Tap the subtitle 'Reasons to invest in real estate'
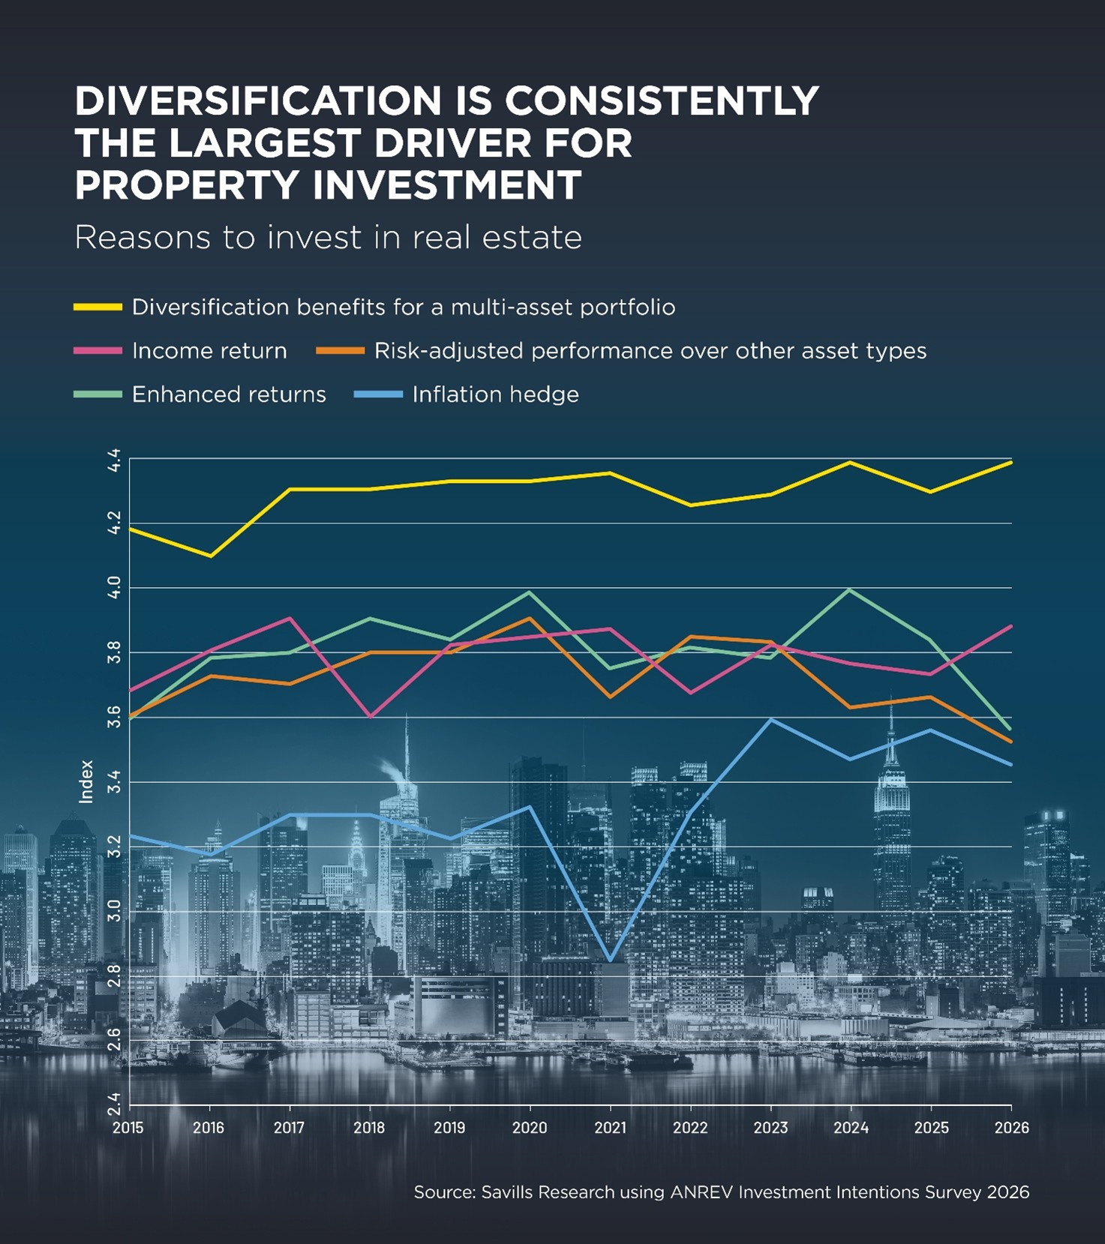(328, 238)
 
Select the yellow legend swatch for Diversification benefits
(98, 307)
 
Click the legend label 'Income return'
(209, 351)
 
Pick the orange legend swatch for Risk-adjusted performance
(340, 351)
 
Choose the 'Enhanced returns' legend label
(229, 394)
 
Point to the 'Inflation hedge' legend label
(495, 394)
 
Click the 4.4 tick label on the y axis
(114, 459)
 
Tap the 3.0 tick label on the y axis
(114, 911)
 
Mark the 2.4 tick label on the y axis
(114, 1104)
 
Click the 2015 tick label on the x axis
(128, 1128)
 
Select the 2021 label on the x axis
(610, 1128)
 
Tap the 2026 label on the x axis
(1011, 1128)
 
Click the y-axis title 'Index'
(86, 781)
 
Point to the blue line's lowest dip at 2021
(611, 961)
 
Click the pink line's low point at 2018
(370, 717)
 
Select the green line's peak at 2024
(850, 589)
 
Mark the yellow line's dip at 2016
(209, 556)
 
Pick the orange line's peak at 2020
(530, 618)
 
